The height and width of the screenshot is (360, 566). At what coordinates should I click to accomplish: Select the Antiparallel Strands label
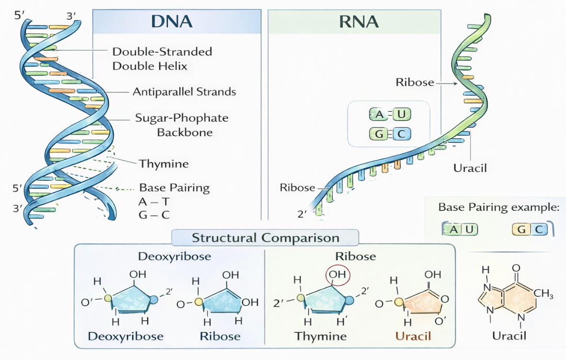click(x=184, y=91)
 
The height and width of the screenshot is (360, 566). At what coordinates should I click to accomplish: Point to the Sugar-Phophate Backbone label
click(x=182, y=125)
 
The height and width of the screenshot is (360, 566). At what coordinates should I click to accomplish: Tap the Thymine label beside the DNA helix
click(x=164, y=164)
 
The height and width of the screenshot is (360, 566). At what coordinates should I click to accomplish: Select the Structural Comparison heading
click(x=265, y=238)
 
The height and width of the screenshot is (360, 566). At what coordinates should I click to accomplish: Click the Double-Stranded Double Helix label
click(x=162, y=58)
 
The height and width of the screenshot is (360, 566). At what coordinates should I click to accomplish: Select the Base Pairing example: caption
click(x=498, y=208)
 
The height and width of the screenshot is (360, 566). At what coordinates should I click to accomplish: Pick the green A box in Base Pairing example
click(x=453, y=229)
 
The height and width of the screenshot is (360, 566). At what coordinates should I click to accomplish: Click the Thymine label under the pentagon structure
click(x=320, y=336)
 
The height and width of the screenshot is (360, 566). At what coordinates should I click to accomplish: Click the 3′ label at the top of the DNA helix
click(x=71, y=16)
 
